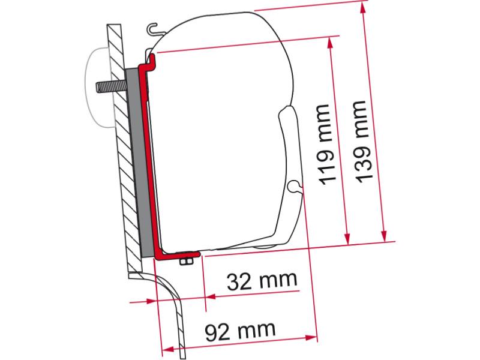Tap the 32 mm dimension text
(x=262, y=281)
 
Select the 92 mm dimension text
(x=240, y=331)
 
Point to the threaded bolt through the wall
(x=112, y=86)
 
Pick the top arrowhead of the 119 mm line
(x=329, y=43)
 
